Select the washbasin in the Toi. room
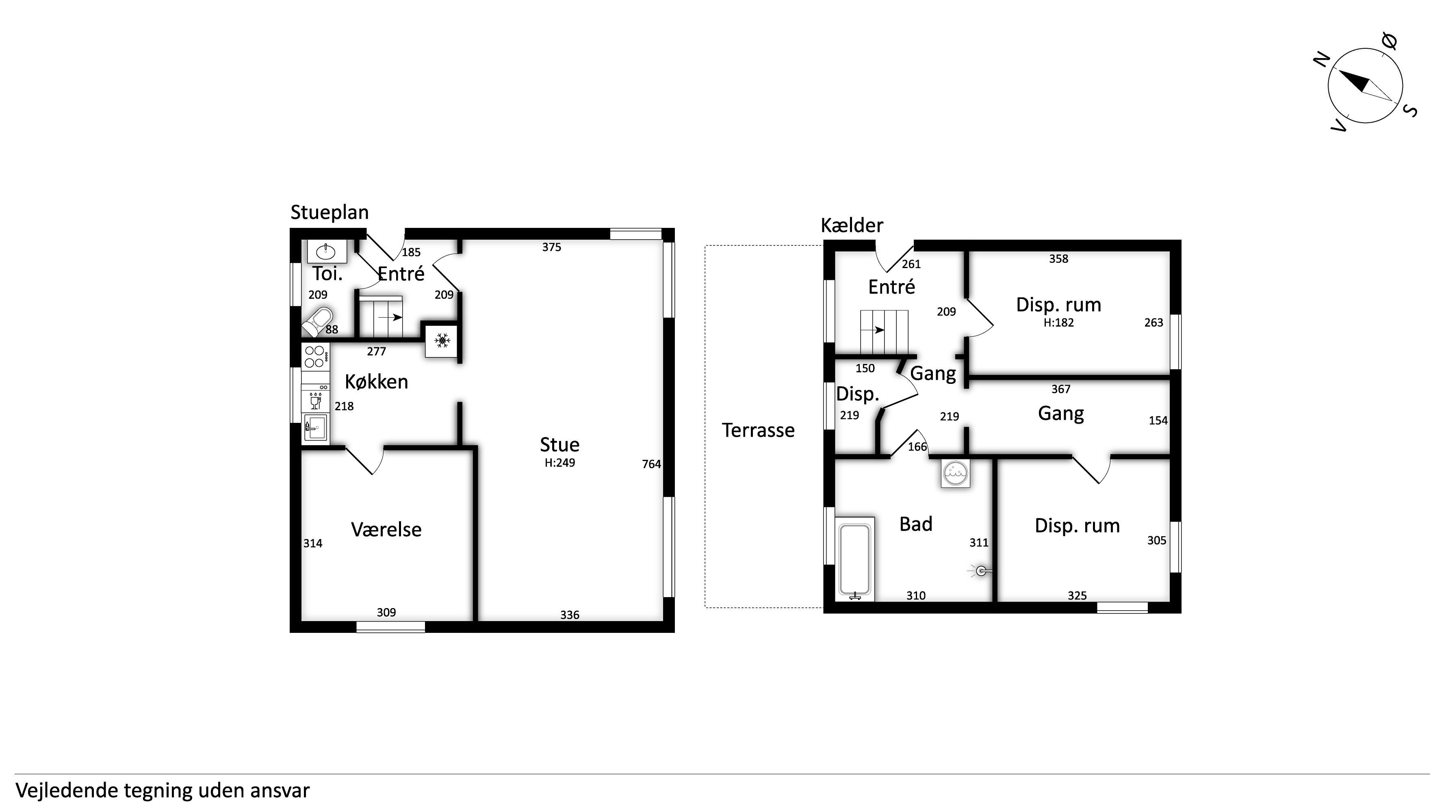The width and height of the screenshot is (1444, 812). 327,251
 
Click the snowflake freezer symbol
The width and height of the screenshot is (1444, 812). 442,340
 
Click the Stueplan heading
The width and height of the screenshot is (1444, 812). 330,212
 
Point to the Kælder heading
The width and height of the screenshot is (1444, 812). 852,225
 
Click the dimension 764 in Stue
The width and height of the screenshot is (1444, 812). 651,464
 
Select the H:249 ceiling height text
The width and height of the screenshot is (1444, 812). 559,463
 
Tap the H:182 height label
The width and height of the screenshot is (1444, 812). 1058,323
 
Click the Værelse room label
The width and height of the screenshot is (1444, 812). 386,530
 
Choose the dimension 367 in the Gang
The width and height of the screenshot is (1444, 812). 1060,389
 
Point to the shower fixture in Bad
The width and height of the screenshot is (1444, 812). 980,571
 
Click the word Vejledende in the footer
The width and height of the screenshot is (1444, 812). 67,791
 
